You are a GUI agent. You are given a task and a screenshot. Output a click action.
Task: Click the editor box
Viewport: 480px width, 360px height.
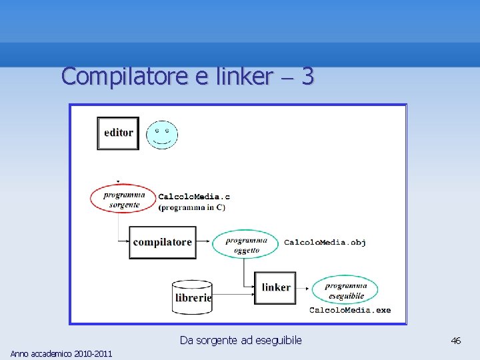(118, 133)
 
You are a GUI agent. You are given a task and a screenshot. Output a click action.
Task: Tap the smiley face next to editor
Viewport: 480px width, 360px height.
(162, 135)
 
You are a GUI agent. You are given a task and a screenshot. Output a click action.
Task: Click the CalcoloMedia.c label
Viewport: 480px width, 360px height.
(194, 197)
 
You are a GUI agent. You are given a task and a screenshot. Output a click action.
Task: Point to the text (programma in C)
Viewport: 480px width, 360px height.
(192, 207)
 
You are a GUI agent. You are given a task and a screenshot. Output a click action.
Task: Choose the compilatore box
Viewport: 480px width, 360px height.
(163, 243)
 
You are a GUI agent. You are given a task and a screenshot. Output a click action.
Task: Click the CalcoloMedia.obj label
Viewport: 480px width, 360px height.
(325, 242)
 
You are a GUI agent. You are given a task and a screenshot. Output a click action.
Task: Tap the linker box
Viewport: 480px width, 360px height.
(275, 287)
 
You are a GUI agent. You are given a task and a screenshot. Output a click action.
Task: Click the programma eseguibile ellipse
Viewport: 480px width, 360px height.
(345, 290)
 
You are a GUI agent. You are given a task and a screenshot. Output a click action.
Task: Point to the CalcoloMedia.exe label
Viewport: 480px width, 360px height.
(350, 310)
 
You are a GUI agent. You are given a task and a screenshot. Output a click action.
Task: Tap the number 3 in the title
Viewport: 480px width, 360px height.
(307, 77)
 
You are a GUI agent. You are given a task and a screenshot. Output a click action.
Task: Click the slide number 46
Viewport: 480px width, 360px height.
(456, 341)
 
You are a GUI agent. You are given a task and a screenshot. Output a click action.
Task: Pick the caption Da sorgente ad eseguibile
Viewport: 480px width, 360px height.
(241, 341)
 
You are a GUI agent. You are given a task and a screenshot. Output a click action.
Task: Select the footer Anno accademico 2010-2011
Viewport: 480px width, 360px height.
(61, 353)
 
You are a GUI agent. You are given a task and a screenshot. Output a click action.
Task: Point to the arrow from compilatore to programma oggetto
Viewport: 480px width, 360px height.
(205, 243)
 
